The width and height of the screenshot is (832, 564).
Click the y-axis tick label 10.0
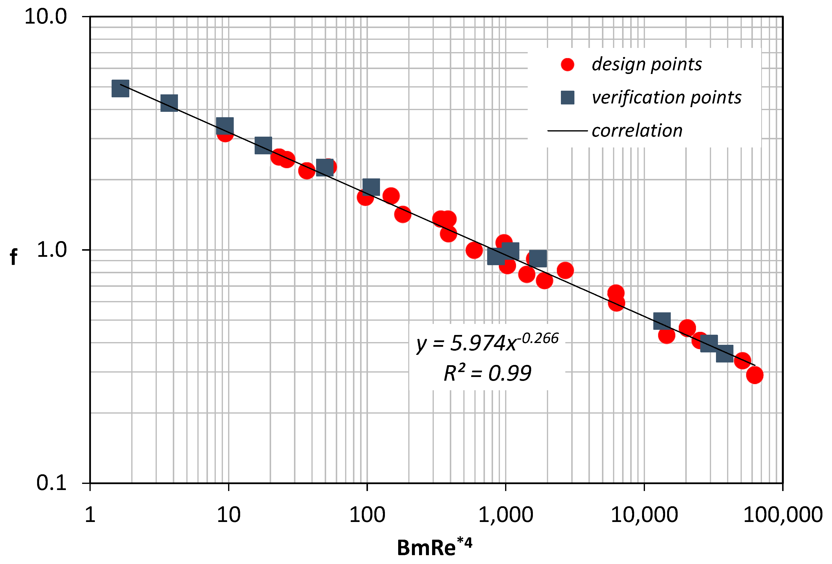45,17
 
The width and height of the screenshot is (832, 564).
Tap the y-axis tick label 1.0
52,250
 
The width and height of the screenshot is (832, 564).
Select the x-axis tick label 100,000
783,515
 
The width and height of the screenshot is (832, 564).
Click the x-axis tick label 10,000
644,515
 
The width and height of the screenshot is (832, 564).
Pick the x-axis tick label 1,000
506,515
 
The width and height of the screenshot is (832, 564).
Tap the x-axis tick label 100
367,515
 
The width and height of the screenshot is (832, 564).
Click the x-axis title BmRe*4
435,547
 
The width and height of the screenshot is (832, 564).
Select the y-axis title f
14,257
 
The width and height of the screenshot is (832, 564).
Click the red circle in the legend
568,64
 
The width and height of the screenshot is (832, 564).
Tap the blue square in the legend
568,97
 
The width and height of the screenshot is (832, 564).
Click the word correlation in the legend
637,131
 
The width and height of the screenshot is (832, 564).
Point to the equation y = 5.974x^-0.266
487,343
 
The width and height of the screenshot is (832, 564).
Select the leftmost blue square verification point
120,88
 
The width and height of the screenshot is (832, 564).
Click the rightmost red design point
754,375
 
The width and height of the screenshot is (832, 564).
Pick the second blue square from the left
169,103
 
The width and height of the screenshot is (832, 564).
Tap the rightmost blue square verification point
725,354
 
